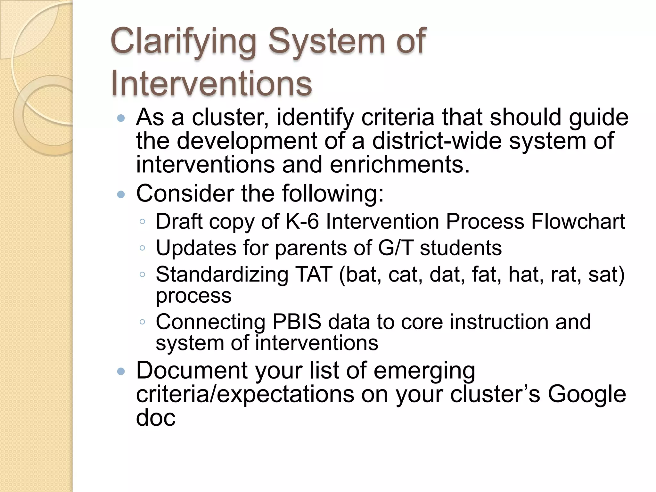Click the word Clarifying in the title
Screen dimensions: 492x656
pyautogui.click(x=183, y=42)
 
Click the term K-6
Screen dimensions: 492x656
pyautogui.click(x=302, y=221)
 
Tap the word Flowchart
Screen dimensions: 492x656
pyautogui.click(x=578, y=221)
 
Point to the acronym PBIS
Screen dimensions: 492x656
pyautogui.click(x=297, y=322)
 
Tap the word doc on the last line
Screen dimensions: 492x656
pyautogui.click(x=156, y=418)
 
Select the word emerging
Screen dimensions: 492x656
pyautogui.click(x=424, y=370)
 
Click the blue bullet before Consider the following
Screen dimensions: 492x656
pyautogui.click(x=121, y=194)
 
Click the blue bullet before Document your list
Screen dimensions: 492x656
pyautogui.click(x=121, y=372)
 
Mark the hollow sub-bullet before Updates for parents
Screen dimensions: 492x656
pyautogui.click(x=143, y=248)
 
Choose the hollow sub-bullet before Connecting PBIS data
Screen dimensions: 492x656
pyautogui.click(x=143, y=322)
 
